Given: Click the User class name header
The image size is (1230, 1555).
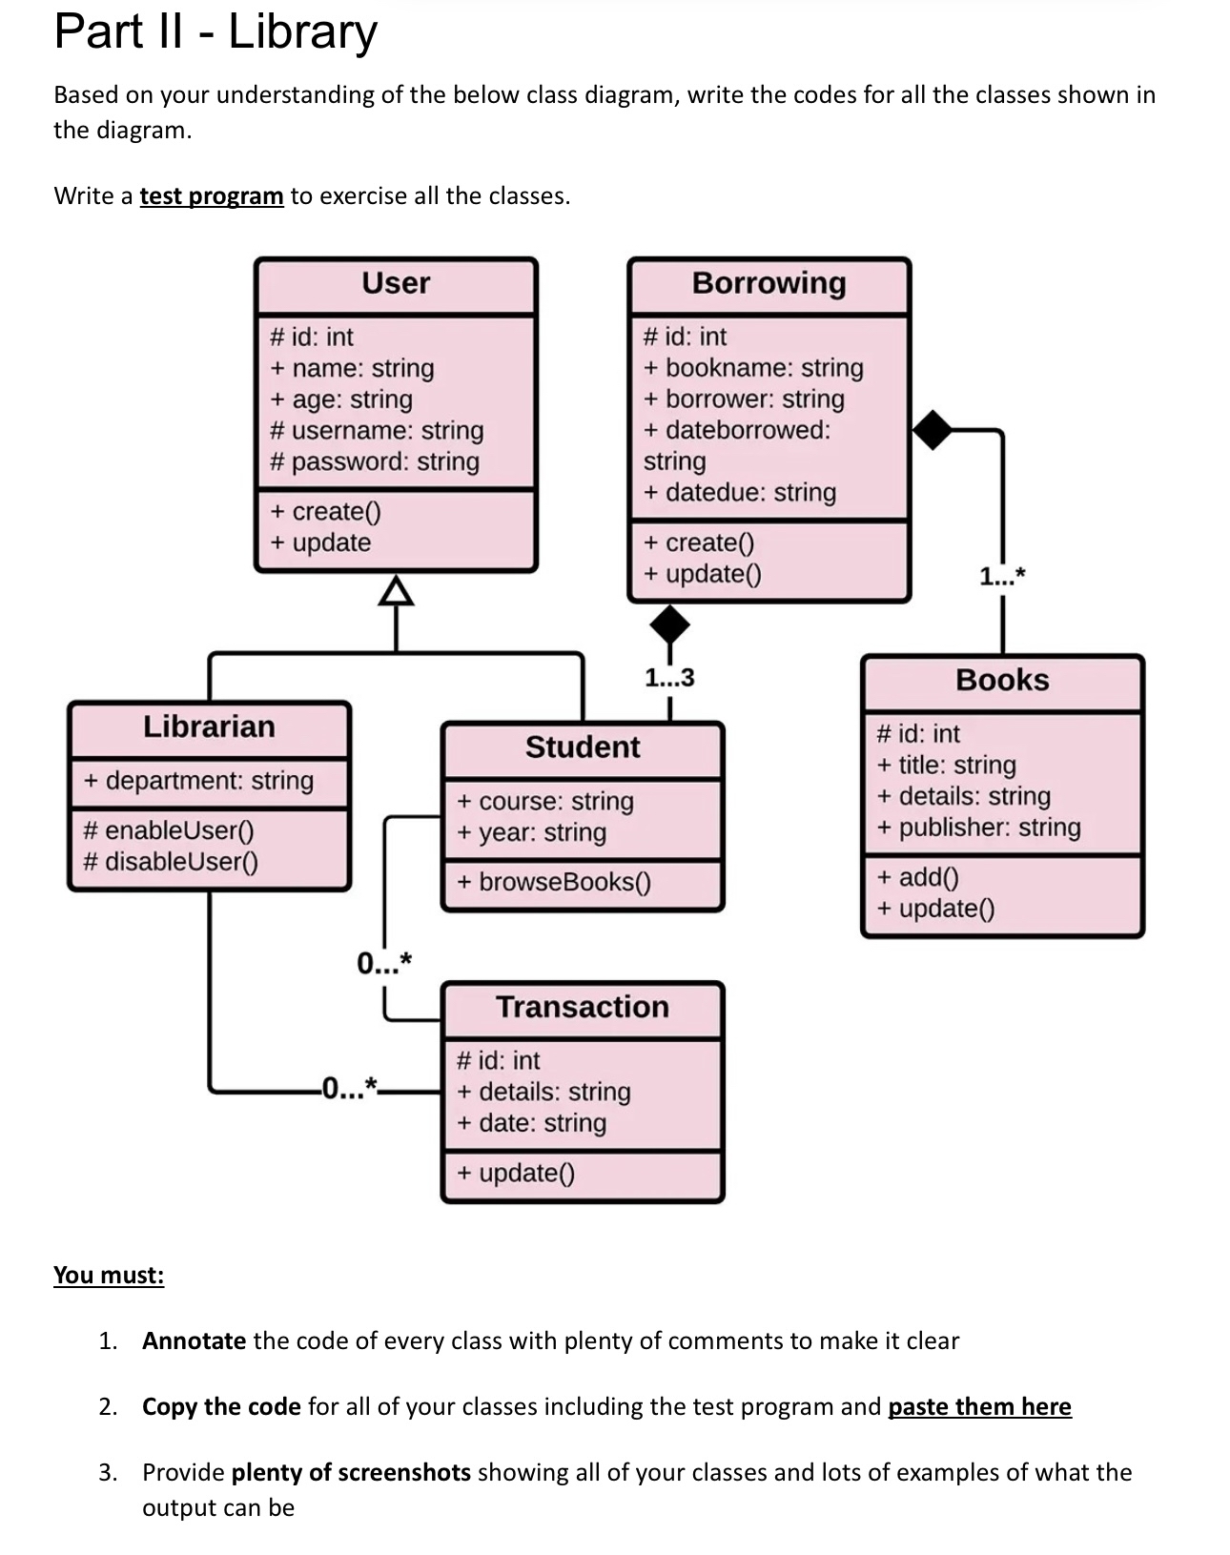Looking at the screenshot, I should click(396, 283).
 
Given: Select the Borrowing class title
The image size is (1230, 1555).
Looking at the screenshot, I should click(769, 283).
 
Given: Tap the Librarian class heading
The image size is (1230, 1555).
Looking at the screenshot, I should click(209, 726).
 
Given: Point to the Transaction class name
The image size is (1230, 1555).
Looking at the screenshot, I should click(583, 1007).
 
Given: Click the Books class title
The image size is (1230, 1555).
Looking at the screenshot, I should click(1002, 680).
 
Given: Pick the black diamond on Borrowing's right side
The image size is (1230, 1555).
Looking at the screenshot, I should click(933, 430).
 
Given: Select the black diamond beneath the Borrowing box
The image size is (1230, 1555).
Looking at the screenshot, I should click(669, 624).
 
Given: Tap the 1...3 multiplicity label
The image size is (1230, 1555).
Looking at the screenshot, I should click(669, 678).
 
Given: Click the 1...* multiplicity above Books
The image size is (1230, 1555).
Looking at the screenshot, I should click(1002, 576).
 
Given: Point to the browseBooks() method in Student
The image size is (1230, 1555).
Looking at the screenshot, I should click(554, 882).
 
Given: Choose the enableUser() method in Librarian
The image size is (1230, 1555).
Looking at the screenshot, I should click(170, 830).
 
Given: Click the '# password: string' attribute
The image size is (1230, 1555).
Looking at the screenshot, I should click(375, 461).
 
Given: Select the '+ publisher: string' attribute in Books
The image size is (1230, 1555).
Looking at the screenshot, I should click(979, 827).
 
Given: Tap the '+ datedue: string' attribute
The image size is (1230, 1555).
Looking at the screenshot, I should click(740, 493).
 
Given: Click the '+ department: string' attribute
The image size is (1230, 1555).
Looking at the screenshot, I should click(199, 781).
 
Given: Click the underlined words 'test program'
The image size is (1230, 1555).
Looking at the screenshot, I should click(212, 196).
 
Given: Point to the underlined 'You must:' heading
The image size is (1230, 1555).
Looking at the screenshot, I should click(109, 1276).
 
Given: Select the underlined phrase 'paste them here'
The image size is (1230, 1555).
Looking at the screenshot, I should click(979, 1407).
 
